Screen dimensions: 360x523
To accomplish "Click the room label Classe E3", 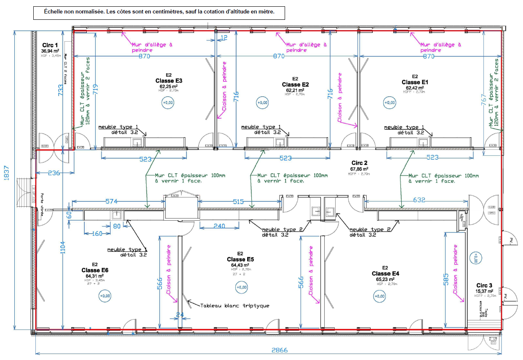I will pyautogui.click(x=168, y=81).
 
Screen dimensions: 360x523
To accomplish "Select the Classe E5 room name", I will pyautogui.click(x=240, y=259).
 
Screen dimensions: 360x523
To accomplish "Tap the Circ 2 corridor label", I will pyautogui.click(x=360, y=163).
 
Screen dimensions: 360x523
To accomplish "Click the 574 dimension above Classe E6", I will pyautogui.click(x=111, y=202).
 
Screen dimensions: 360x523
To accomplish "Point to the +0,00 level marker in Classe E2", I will pyautogui.click(x=262, y=102).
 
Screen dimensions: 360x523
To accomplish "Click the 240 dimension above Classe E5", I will pyautogui.click(x=219, y=226).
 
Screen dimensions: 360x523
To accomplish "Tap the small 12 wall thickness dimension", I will pyautogui.click(x=224, y=38).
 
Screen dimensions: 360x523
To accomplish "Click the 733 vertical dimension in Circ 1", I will pyautogui.click(x=61, y=91).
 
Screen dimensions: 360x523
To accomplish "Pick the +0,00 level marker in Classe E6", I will pyautogui.click(x=105, y=296).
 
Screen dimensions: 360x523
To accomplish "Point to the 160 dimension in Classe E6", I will pyautogui.click(x=97, y=233).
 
